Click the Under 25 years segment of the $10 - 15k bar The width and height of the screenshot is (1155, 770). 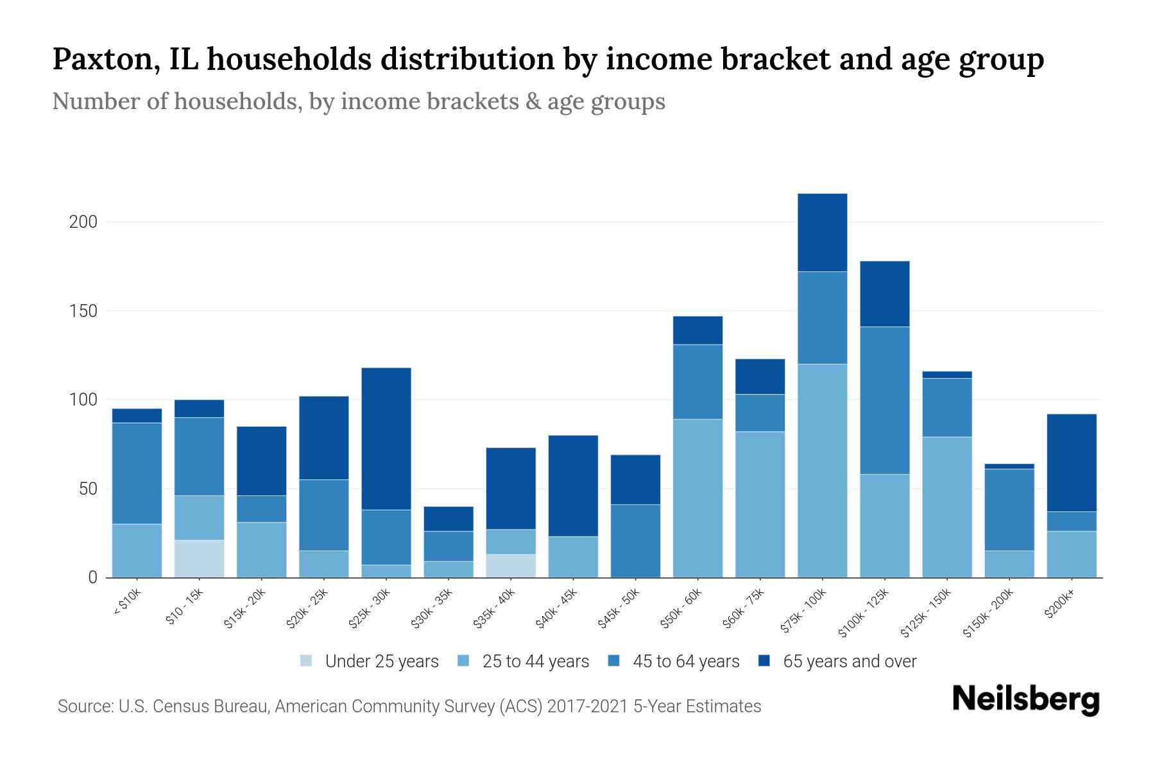pyautogui.click(x=199, y=558)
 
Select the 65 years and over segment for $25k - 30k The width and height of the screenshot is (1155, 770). pyautogui.click(x=386, y=438)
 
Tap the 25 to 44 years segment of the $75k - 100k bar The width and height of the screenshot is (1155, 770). pyautogui.click(x=822, y=470)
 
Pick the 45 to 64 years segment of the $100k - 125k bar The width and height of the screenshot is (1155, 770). pyautogui.click(x=884, y=400)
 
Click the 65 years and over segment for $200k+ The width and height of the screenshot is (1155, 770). pyautogui.click(x=1072, y=463)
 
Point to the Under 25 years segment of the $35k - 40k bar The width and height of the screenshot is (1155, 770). pyautogui.click(x=511, y=565)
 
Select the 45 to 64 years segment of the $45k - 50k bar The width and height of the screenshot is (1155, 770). pyautogui.click(x=635, y=540)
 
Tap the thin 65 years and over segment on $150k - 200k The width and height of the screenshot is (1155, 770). pyautogui.click(x=1009, y=466)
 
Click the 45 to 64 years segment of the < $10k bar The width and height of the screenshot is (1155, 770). pyautogui.click(x=137, y=473)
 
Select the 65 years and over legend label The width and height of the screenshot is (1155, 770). pyautogui.click(x=850, y=662)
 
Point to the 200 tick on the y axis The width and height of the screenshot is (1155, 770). pyautogui.click(x=83, y=222)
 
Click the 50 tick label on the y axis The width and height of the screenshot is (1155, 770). pyautogui.click(x=87, y=489)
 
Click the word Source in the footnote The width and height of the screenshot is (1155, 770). pyautogui.click(x=85, y=706)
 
